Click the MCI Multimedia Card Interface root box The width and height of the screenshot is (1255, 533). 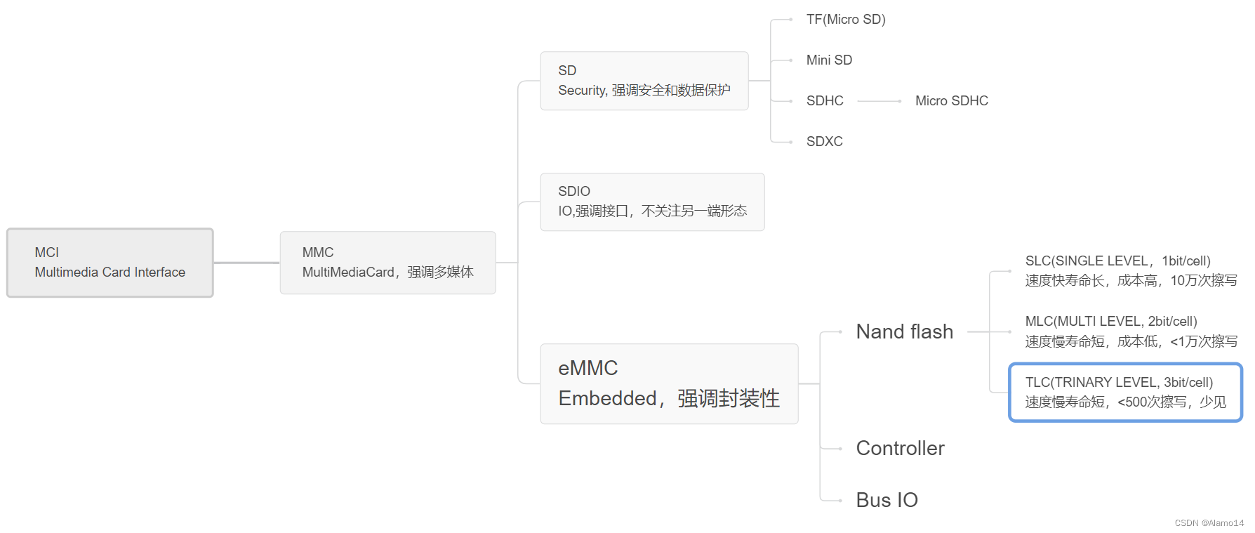click(x=110, y=263)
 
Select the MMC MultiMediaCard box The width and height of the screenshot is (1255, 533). click(x=387, y=263)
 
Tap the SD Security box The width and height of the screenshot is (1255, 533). click(x=644, y=81)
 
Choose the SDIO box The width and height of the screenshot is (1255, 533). click(x=652, y=202)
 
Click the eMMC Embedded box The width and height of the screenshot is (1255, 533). click(x=669, y=383)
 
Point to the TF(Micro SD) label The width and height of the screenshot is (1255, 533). click(x=846, y=20)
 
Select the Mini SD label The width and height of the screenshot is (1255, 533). click(x=829, y=60)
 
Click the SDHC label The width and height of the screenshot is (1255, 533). click(x=825, y=101)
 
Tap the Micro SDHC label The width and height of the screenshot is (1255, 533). click(x=951, y=101)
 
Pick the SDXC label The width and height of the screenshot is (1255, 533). click(x=824, y=142)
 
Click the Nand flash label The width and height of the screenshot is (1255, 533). click(x=904, y=331)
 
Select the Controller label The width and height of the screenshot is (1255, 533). click(x=900, y=448)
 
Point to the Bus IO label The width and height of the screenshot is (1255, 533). click(x=887, y=500)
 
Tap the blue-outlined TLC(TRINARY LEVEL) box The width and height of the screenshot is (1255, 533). click(x=1125, y=392)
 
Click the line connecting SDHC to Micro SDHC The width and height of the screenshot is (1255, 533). click(x=879, y=101)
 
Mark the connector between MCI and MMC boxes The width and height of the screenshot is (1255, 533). click(x=246, y=263)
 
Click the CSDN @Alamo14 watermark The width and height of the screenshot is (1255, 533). click(x=1209, y=523)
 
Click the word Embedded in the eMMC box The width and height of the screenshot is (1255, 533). click(x=607, y=399)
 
